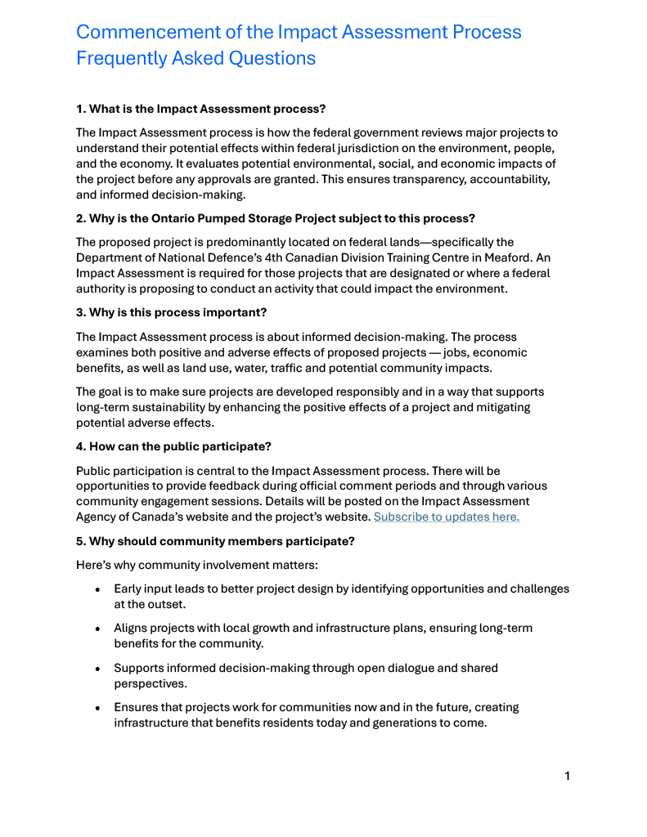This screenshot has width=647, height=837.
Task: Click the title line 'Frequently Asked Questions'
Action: point(195,59)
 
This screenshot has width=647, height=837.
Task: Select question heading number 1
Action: point(200,109)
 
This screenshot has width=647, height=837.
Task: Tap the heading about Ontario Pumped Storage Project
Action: point(276,218)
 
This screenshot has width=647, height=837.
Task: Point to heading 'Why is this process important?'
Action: point(171,312)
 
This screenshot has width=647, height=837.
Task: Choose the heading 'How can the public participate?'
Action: point(173,446)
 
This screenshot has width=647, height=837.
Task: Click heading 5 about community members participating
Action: point(215,541)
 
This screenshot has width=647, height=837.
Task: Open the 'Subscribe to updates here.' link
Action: point(446,517)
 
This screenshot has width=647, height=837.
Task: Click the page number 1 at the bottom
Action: point(567,776)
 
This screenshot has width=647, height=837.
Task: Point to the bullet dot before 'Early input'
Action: point(97,589)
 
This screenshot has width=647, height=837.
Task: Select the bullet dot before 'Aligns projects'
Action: point(97,629)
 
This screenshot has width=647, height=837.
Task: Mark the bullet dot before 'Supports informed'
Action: point(97,669)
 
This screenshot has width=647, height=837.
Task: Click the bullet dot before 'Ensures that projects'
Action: point(97,708)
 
